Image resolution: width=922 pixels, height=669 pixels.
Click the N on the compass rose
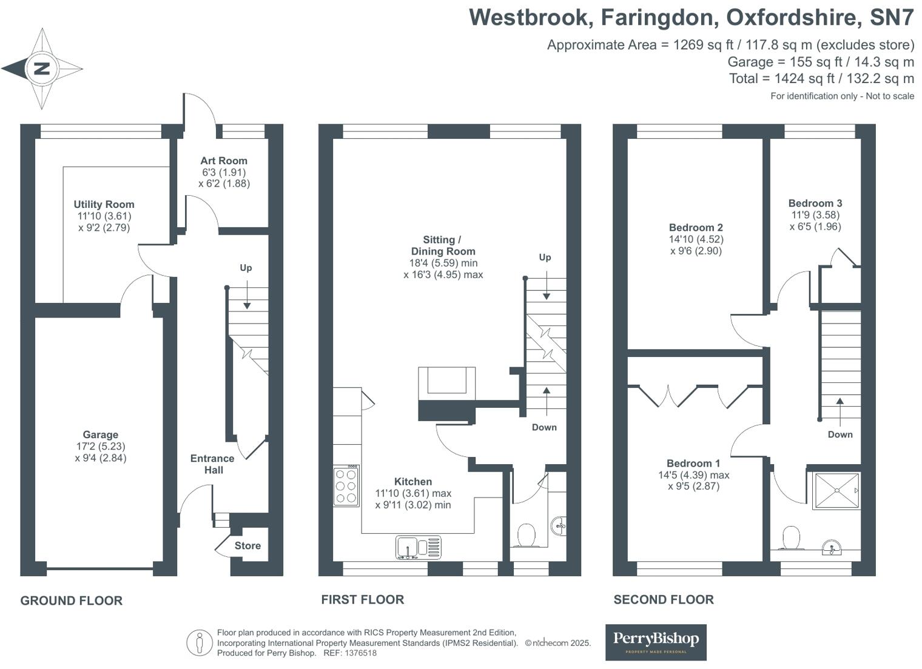coord(41,68)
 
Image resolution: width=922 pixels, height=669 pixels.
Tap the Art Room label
coord(224,161)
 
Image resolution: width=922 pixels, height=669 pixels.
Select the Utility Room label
coord(104,204)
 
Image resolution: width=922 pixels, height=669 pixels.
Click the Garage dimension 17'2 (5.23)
coord(100,447)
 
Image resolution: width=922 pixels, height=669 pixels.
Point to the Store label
coord(247,545)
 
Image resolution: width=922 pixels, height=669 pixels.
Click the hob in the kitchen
coord(346,486)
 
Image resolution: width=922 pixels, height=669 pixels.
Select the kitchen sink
coord(418,547)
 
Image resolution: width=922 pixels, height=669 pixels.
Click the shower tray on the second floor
coord(836,491)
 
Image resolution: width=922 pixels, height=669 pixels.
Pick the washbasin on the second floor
coord(831,549)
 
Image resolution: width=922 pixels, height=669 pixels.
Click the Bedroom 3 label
coord(815,203)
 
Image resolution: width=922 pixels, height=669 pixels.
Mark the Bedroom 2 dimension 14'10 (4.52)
coord(696,239)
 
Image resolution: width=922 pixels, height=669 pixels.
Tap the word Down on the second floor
coord(840,434)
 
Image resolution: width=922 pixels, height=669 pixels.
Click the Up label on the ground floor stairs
coord(246,268)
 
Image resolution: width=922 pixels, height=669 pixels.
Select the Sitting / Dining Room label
coord(443,245)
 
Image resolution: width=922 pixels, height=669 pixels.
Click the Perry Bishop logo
coord(656,642)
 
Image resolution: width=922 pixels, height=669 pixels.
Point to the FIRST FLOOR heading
coord(362,599)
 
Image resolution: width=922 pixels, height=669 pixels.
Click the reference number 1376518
coord(360,653)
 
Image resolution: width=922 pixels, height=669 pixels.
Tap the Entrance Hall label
coord(212,464)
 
